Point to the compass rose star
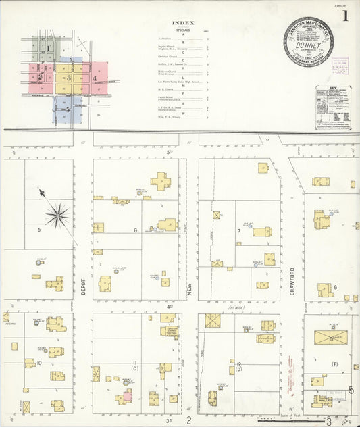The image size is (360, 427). (x=59, y=216)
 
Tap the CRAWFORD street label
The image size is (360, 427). (x=293, y=276)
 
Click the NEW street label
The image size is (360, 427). (x=190, y=291)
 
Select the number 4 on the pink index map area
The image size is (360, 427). (x=95, y=78)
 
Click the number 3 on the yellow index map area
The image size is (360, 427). (x=68, y=78)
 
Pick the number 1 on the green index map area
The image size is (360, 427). (x=48, y=49)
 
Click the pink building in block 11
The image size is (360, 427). (x=127, y=397)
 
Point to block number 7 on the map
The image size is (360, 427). (x=238, y=230)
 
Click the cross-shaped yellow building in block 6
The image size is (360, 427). (x=161, y=181)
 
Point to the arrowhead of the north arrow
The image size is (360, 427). (x=41, y=193)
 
